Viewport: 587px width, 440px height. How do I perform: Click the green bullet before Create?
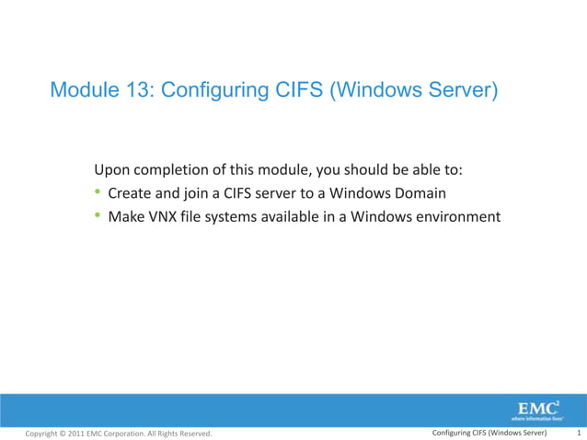point(98,194)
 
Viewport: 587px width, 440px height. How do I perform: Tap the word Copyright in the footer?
point(45,434)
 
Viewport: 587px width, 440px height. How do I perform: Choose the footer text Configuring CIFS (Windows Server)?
point(489,433)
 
